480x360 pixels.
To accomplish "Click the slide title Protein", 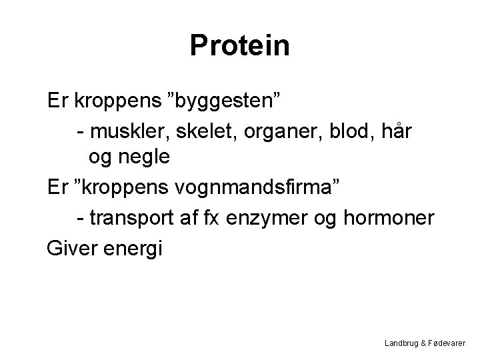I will (x=239, y=45).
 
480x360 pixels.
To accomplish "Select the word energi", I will (x=136, y=249).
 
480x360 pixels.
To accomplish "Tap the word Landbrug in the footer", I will (x=402, y=343).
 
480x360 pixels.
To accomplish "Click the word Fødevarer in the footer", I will (x=449, y=343).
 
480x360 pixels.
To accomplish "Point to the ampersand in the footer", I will (x=425, y=343).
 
